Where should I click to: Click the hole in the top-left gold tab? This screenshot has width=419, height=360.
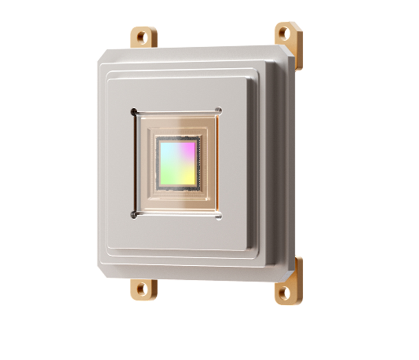142,37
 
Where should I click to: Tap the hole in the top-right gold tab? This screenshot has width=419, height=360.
284,34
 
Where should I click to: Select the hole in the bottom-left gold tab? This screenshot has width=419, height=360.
142,289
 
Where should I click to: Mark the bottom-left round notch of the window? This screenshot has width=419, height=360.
134,215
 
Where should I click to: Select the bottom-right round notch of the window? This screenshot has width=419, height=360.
218,216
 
